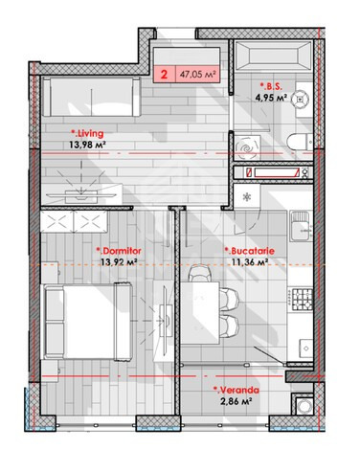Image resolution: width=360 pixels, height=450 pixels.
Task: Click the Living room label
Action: [x=87, y=133]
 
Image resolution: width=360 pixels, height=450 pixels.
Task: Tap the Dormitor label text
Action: [x=119, y=251]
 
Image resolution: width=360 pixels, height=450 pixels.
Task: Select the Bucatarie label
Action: [x=250, y=251]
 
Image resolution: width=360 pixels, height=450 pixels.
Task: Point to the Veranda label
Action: [x=236, y=390]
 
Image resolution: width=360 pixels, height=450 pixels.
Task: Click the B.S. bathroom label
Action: [x=271, y=86]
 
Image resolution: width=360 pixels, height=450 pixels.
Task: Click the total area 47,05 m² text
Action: [x=198, y=75]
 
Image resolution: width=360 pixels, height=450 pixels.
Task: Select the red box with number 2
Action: [x=165, y=75]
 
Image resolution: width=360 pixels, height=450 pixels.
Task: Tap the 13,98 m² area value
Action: [x=87, y=145]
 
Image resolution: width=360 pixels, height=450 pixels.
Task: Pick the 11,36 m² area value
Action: [x=250, y=262]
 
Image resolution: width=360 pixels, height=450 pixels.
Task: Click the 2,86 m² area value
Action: [x=236, y=401]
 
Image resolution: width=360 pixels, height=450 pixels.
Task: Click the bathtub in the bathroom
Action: [x=273, y=56]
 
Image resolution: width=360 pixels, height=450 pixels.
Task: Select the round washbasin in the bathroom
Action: [x=301, y=100]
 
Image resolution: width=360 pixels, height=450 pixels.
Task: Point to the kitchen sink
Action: [x=301, y=227]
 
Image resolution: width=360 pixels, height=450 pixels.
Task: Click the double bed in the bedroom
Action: [x=87, y=322]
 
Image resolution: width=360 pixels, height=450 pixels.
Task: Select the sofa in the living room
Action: [x=92, y=97]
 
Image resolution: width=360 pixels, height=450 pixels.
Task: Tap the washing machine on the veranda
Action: [x=304, y=406]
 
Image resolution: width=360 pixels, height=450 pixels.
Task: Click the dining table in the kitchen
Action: [x=200, y=313]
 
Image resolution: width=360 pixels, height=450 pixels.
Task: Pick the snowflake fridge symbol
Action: [x=247, y=197]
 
